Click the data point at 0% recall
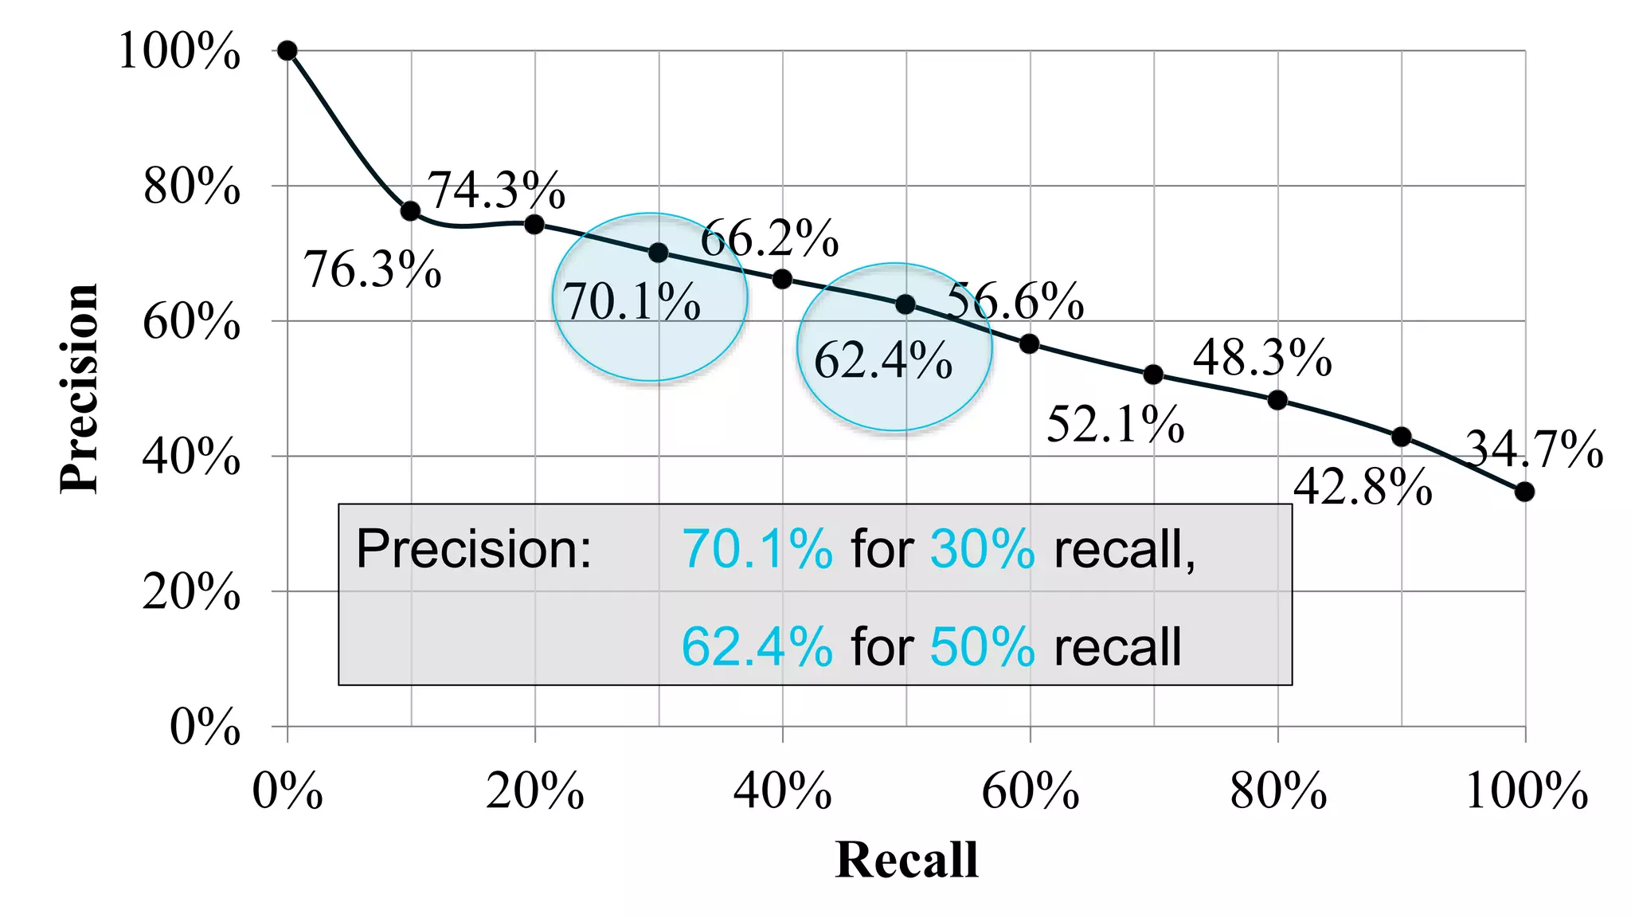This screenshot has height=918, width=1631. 287,51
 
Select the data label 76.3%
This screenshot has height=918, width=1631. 373,269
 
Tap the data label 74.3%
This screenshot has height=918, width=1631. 496,190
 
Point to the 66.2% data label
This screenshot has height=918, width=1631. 769,237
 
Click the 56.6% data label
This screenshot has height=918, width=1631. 1015,301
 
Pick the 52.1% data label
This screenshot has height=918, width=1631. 1115,423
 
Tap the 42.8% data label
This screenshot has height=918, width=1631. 1363,486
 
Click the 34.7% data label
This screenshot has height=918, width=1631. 1534,449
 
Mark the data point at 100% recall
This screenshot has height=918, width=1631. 1524,492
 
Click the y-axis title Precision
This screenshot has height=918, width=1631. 80,389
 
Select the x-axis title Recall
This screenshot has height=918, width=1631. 906,860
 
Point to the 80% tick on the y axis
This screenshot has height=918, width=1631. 192,187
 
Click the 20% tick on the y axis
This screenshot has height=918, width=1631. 192,592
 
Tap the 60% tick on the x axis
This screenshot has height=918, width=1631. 1030,791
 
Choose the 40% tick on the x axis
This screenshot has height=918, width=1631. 782,791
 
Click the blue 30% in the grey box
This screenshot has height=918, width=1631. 982,549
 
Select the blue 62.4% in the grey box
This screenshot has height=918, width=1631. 757,646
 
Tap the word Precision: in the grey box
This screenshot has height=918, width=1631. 474,549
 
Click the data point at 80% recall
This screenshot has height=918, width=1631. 1277,400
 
